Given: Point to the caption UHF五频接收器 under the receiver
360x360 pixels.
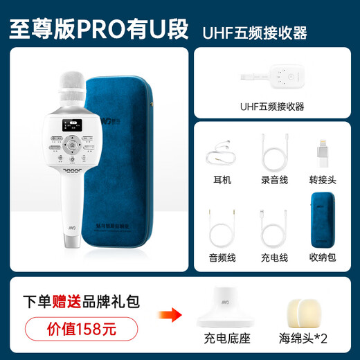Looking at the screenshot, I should (x=272, y=105).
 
